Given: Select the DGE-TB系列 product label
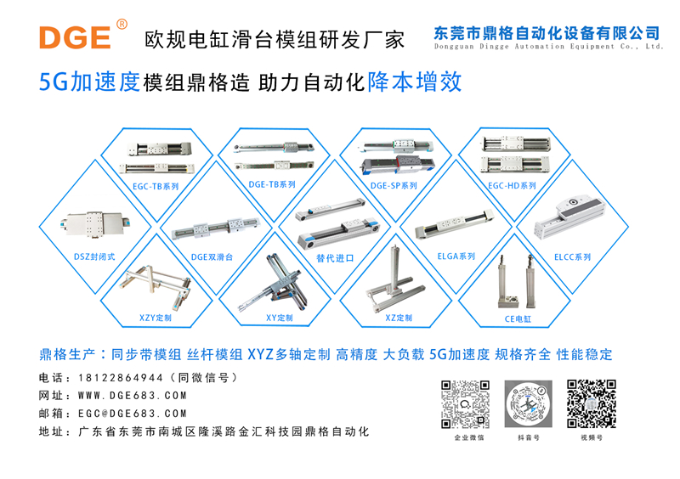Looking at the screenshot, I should [x=272, y=184].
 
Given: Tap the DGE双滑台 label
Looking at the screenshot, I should [x=212, y=256].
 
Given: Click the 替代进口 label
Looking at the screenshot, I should [x=334, y=257].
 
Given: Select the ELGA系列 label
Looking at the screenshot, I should [x=456, y=256].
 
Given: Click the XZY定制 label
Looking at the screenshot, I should [x=156, y=318].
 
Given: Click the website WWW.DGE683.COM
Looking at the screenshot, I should [x=132, y=396].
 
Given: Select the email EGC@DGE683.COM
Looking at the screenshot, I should [x=132, y=414].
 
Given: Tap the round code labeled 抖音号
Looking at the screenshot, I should [x=528, y=403].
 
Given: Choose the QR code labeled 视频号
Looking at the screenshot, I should [x=591, y=403].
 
